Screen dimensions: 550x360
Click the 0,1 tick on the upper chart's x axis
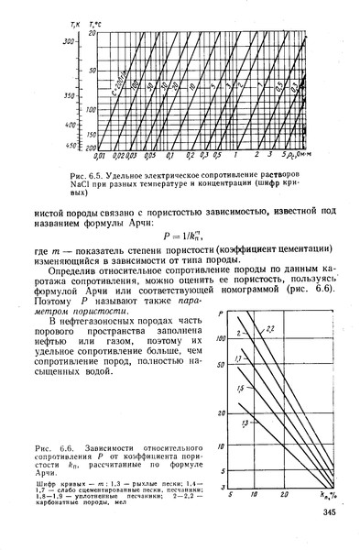point(172,156)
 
